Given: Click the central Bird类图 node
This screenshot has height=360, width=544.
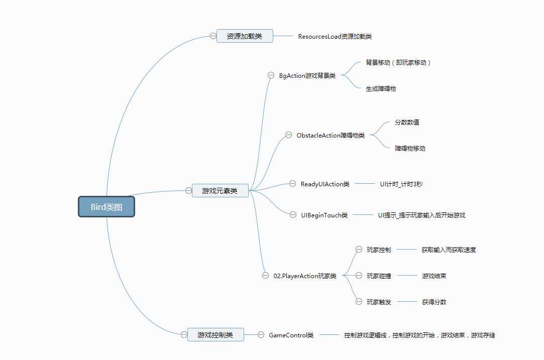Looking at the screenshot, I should point(106,207).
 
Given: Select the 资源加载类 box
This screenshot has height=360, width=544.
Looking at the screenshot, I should point(245,36).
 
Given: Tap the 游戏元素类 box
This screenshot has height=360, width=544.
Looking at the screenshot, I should point(220,190).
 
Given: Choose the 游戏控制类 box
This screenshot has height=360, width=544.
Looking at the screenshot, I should point(215,335).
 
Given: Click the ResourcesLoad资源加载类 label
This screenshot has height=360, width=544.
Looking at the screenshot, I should point(335,36).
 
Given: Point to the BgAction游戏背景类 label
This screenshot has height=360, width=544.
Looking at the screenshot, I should point(307,75).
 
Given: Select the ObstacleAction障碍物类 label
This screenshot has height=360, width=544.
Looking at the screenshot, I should point(331,135).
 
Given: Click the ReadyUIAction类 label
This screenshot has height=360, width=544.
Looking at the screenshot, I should point(325,184).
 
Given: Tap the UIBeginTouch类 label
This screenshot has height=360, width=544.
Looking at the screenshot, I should point(324,215).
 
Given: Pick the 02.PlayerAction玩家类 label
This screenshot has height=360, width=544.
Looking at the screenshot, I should point(305,276).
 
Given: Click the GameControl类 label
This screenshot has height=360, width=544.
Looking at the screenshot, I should point(291,335).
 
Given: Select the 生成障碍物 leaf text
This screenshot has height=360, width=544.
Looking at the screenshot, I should point(381,88).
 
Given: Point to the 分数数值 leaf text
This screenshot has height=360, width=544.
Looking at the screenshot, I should point(407,122).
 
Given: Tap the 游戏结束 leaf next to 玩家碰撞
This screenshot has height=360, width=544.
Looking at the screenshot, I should point(434,276).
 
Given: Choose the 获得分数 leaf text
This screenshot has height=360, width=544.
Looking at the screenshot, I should point(434,302).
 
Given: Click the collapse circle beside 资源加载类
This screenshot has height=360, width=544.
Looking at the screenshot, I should point(213,36).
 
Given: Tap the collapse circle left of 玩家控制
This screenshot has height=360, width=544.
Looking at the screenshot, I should point(359,250).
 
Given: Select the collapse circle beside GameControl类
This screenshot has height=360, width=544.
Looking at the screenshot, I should point(261,335).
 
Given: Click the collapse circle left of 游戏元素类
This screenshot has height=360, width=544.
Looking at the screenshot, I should point(188,190).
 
